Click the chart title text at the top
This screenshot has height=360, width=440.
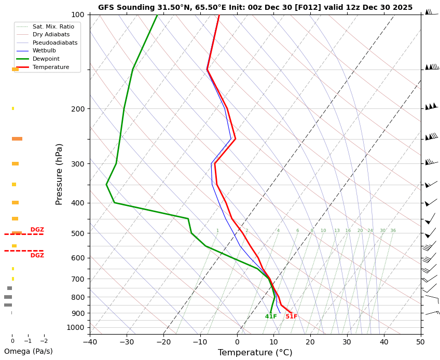click(x=255, y=7)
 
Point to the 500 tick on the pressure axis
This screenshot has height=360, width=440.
click(x=78, y=233)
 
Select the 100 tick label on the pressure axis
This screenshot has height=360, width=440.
click(x=78, y=15)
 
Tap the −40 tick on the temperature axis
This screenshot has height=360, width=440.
click(x=90, y=342)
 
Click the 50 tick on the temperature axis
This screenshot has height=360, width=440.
click(x=421, y=342)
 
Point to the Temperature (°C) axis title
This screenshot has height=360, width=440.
click(x=255, y=353)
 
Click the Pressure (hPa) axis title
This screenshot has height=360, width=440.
click(x=60, y=174)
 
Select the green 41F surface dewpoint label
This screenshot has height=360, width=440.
click(x=271, y=316)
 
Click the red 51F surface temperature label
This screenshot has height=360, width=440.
click(x=291, y=316)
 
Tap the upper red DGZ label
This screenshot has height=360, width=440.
click(x=37, y=230)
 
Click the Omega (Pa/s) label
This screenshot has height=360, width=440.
click(x=29, y=351)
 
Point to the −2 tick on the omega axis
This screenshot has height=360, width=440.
click(x=44, y=341)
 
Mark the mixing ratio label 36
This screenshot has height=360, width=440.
click(x=393, y=231)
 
